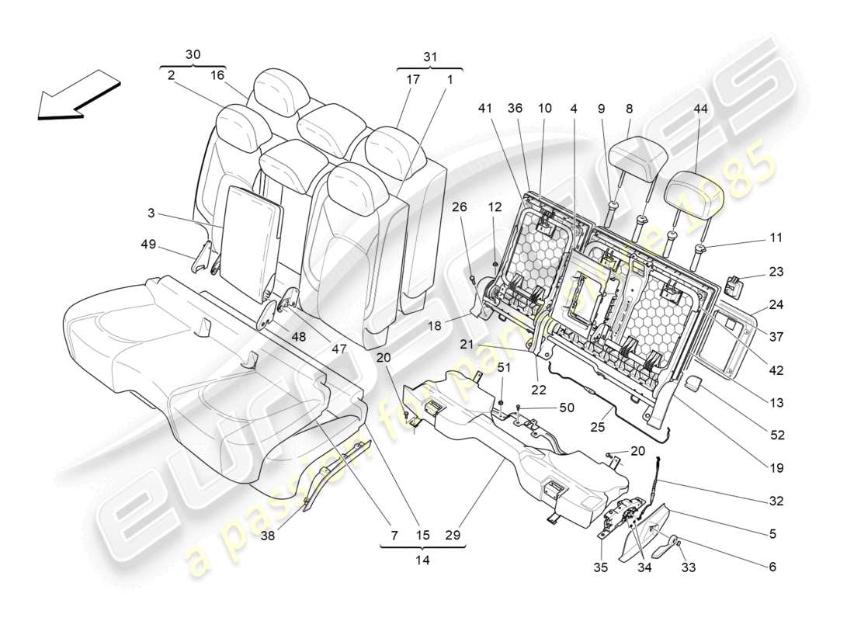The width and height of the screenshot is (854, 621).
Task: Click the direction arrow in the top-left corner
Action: coord(78,95)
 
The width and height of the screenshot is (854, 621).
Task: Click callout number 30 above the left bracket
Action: coord(193,54)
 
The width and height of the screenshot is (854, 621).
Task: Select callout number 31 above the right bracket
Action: coord(429,56)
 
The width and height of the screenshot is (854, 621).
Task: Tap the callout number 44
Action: coord(701,109)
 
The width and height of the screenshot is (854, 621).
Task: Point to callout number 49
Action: coord(148,245)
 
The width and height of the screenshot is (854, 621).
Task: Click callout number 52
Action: coord(777,435)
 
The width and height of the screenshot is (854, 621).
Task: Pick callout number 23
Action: coord(777,272)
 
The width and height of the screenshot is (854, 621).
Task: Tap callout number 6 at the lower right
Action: coord(772,567)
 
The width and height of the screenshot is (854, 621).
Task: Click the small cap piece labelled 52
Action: coord(694,384)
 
